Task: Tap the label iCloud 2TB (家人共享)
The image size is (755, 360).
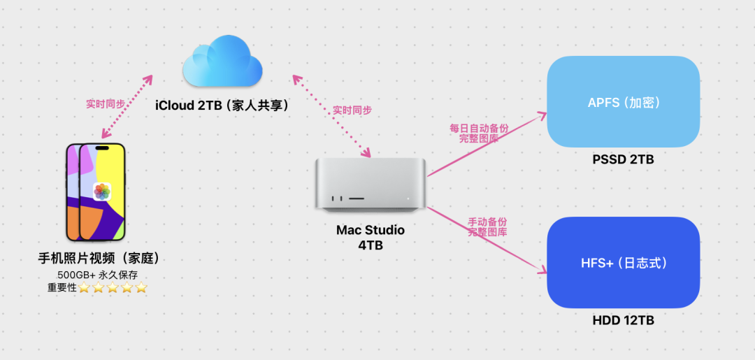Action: pyautogui.click(x=222, y=105)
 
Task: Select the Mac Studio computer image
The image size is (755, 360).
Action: pyautogui.click(x=370, y=183)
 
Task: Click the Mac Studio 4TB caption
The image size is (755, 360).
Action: pyautogui.click(x=370, y=238)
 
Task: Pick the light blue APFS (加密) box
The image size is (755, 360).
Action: pyautogui.click(x=624, y=102)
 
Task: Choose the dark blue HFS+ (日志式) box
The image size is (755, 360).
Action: pyautogui.click(x=624, y=263)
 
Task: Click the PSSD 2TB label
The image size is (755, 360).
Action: pyautogui.click(x=624, y=159)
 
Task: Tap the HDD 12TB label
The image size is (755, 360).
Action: pyautogui.click(x=624, y=320)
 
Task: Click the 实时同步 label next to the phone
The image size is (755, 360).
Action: pyautogui.click(x=106, y=103)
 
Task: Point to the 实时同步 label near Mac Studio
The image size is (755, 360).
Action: pyautogui.click(x=352, y=110)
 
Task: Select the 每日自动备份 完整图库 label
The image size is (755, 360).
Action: pyautogui.click(x=479, y=134)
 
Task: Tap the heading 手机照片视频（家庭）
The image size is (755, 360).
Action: pyautogui.click(x=99, y=258)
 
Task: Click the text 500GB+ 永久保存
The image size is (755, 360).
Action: pyautogui.click(x=99, y=275)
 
